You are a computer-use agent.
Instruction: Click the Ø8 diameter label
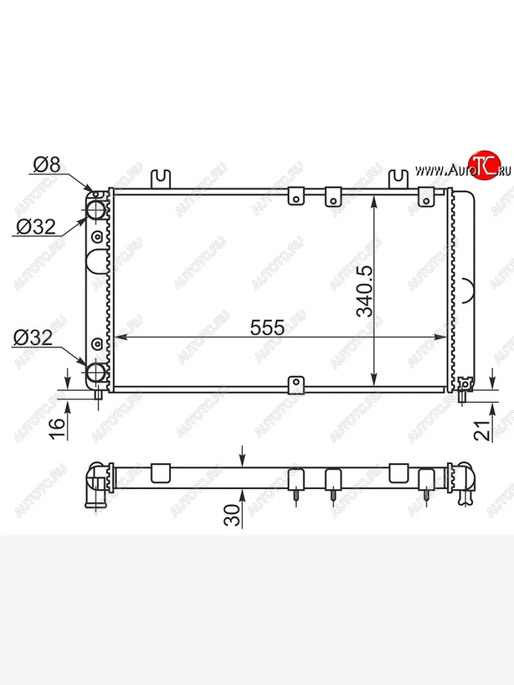click(x=46, y=164)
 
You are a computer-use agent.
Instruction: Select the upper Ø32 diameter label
click(x=36, y=227)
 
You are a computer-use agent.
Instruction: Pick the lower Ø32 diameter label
click(x=33, y=338)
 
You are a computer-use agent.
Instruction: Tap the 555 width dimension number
click(x=267, y=327)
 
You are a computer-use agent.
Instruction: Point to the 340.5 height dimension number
click(x=364, y=292)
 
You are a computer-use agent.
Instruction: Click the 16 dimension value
click(x=58, y=429)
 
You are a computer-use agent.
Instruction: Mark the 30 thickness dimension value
click(x=231, y=515)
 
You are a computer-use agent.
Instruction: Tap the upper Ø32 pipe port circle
click(x=95, y=209)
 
